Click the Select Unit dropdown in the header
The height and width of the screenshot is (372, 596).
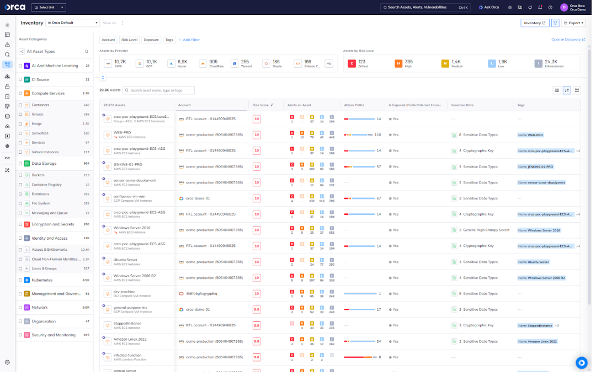(x=49, y=8)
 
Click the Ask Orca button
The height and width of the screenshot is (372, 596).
(x=489, y=8)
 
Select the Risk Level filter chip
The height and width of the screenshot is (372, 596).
(x=129, y=40)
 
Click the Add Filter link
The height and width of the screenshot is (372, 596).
(x=189, y=40)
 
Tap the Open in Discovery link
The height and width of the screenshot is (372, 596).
(x=568, y=40)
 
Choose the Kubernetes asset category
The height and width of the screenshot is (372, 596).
(x=42, y=280)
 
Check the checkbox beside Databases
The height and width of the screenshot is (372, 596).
(x=20, y=194)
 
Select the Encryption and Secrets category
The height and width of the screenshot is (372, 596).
(x=53, y=224)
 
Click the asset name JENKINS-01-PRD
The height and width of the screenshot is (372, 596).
(x=128, y=164)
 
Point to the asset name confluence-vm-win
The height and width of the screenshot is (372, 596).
(x=129, y=196)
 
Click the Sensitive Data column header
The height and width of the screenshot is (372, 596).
(x=462, y=104)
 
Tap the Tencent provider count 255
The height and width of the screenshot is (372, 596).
(x=245, y=62)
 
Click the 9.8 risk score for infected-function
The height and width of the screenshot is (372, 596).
(x=257, y=357)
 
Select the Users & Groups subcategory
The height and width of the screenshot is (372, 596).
(x=44, y=268)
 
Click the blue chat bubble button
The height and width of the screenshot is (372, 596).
(x=581, y=362)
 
